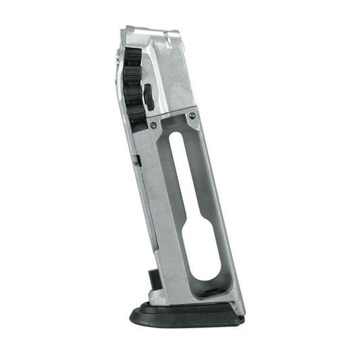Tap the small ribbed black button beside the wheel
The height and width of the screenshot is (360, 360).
tap(149, 99)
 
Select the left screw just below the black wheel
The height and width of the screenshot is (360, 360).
tap(153, 125)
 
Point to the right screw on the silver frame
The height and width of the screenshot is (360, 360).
tap(192, 116)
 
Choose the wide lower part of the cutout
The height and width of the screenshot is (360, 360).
tap(203, 253)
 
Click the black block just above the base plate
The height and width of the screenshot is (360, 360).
tap(154, 278)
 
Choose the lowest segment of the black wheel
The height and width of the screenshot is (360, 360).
tap(137, 122)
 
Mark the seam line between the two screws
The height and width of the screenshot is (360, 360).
tap(173, 120)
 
